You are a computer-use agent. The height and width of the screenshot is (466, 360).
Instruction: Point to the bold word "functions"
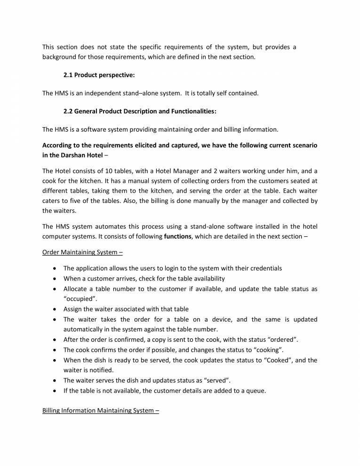[177, 236]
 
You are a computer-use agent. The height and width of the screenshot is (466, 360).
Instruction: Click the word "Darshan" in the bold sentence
[79, 155]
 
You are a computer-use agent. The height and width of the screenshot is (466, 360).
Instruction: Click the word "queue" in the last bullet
[256, 390]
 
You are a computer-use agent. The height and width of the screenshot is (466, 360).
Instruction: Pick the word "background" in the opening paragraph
[59, 57]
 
